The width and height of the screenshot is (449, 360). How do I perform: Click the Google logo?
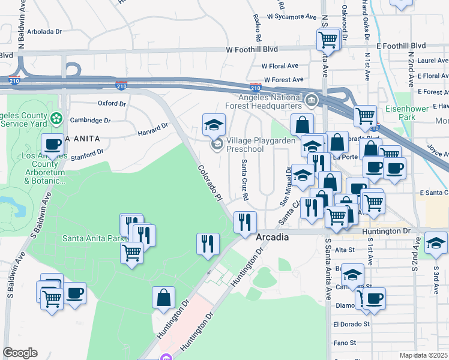point(19,353)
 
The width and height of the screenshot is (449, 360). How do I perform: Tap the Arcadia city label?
point(273,238)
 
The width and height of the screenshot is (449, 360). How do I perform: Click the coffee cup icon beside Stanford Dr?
point(53,145)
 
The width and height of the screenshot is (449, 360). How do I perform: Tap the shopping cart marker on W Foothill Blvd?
point(328,40)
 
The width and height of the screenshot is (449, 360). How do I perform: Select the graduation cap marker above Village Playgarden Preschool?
point(214,125)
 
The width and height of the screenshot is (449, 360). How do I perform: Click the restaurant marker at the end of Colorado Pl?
point(244,223)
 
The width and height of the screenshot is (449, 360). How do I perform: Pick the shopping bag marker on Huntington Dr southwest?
point(163,298)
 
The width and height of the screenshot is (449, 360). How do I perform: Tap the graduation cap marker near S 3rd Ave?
point(436,243)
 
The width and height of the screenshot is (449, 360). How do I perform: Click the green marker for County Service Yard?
point(56,118)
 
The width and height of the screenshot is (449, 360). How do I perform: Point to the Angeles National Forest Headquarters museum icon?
point(311,99)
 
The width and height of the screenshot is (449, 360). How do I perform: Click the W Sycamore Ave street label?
point(292,17)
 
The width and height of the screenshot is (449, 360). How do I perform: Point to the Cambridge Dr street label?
point(90,120)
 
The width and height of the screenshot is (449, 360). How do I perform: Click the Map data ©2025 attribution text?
point(423,355)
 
